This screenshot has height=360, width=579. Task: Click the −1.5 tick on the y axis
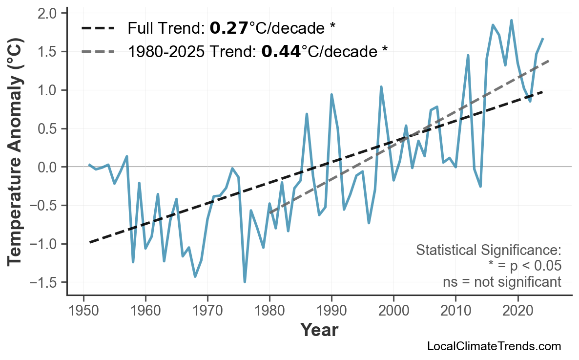coord(45,283)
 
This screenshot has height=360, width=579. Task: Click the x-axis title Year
coord(319,330)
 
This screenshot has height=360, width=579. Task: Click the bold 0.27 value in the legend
coord(229,28)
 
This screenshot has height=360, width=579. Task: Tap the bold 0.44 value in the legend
coord(281,51)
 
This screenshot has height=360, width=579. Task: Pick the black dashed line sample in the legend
coord(98,28)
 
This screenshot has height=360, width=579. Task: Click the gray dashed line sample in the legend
coord(98,51)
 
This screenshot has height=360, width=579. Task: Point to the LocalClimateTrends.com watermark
coord(494,346)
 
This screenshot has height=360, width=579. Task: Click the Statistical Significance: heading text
coord(488,251)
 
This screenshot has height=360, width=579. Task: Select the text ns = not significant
coord(502,282)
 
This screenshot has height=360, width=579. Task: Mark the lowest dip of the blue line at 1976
coord(245,282)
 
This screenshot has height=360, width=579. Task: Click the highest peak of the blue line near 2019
coord(511,20)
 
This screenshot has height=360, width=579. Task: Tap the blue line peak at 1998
coord(381,87)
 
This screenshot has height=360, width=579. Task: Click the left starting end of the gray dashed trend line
coord(270,213)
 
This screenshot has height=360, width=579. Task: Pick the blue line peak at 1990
coord(331,94)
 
